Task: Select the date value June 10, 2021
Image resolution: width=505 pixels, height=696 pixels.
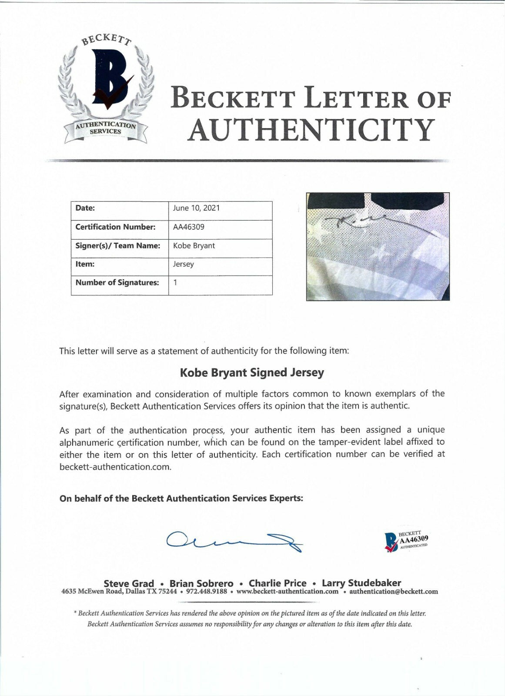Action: pyautogui.click(x=197, y=208)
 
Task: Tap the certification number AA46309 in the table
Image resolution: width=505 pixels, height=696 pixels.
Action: pyautogui.click(x=189, y=227)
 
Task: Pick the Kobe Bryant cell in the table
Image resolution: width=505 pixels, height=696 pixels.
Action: pyautogui.click(x=194, y=245)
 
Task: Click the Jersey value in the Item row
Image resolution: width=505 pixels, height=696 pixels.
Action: pyautogui.click(x=184, y=264)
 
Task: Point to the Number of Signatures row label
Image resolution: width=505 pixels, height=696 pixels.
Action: pyautogui.click(x=117, y=283)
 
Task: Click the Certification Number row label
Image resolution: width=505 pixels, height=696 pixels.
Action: pyautogui.click(x=115, y=227)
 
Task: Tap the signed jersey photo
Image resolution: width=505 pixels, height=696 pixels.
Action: pyautogui.click(x=378, y=246)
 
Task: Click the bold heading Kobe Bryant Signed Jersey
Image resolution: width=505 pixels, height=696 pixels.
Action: pyautogui.click(x=252, y=373)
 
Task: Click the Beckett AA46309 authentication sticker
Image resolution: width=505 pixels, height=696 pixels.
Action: pyautogui.click(x=406, y=541)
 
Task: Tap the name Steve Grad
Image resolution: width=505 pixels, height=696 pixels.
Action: pyautogui.click(x=129, y=583)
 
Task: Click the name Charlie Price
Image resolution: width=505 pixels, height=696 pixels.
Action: pyautogui.click(x=278, y=583)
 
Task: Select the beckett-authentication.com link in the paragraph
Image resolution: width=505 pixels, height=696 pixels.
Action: pyautogui.click(x=115, y=467)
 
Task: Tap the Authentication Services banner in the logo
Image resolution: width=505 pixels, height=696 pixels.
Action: pyautogui.click(x=106, y=128)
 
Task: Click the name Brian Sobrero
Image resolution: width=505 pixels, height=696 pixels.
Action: pyautogui.click(x=201, y=583)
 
